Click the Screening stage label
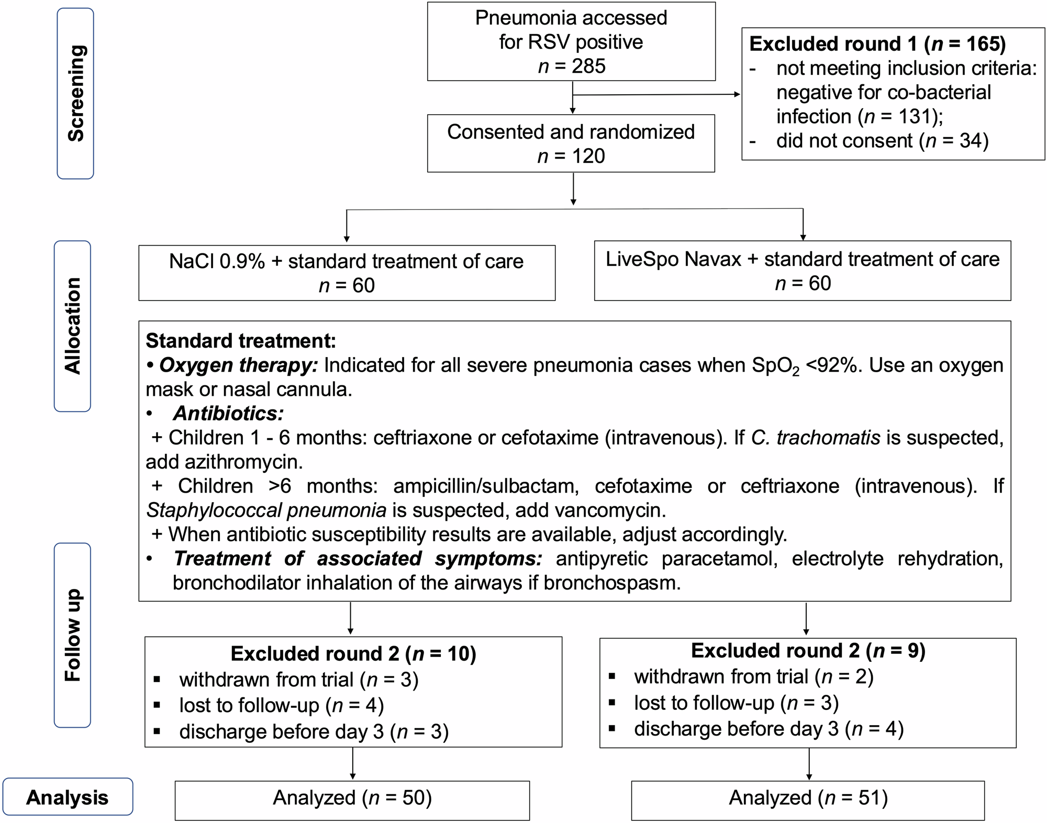click(75, 93)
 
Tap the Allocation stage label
click(73, 326)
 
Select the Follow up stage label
click(73, 635)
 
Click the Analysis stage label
click(68, 797)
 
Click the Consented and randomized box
click(571, 143)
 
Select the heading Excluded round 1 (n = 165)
click(877, 44)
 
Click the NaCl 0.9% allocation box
click(347, 273)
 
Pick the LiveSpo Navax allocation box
click(802, 271)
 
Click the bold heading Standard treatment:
click(240, 341)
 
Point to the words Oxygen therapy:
click(238, 365)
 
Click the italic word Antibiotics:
click(228, 414)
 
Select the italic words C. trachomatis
click(816, 438)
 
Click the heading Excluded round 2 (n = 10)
click(353, 654)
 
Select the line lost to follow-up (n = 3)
click(736, 703)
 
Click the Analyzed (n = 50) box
click(352, 798)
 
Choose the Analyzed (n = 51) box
click(808, 798)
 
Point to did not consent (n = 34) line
click(882, 141)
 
